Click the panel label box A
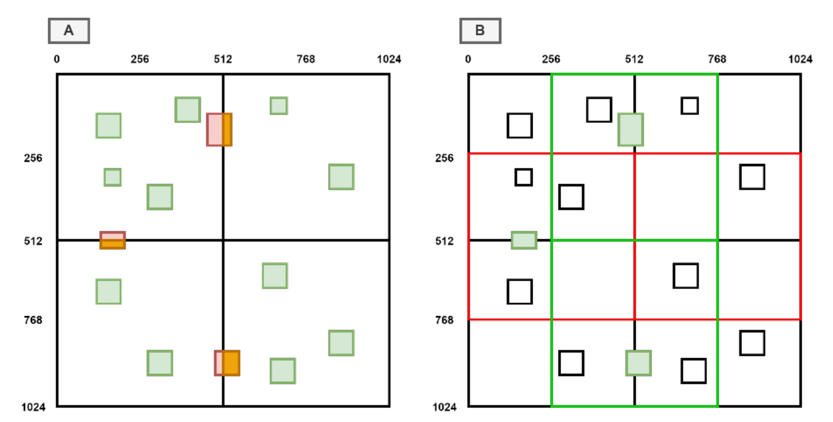pos(69,31)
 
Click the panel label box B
pos(480,31)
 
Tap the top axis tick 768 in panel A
pos(306,59)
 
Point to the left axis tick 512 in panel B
pos(444,241)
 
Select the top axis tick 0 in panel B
pos(468,59)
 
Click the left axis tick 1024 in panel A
pos(33,407)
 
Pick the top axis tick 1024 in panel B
pos(800,59)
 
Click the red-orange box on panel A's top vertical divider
pos(219,129)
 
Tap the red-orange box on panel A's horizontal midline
pos(112,240)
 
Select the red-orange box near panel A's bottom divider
pos(227,363)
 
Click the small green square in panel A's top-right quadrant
pos(279,106)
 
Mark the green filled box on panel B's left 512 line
pos(524,240)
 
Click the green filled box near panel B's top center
pos(631,129)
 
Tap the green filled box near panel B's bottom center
pos(638,363)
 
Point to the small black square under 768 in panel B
pos(690,106)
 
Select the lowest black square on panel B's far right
pos(752,343)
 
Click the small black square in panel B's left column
pos(524,177)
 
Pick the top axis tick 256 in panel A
pos(140,59)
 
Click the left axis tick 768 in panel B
pos(444,320)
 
